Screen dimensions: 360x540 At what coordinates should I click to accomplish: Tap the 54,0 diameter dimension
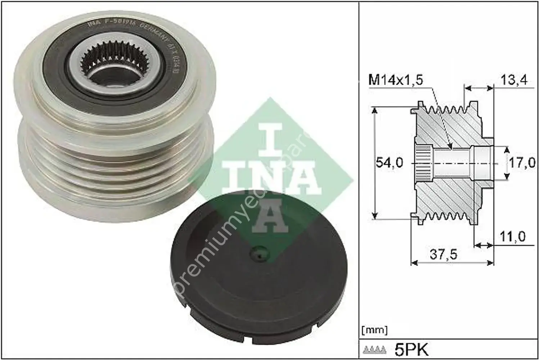(390, 163)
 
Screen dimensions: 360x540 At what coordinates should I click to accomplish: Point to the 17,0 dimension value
(522, 163)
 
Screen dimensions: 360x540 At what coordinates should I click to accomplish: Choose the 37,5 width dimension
(444, 255)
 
